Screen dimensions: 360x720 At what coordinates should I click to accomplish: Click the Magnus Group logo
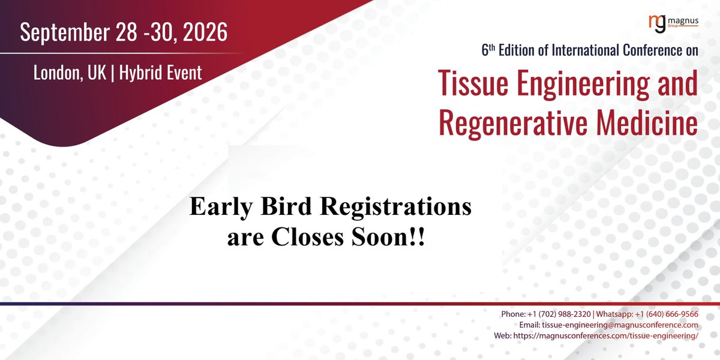pos(674,23)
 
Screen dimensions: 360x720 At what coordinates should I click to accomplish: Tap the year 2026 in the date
pos(202,32)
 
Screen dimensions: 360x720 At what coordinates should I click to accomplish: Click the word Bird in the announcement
pos(278,208)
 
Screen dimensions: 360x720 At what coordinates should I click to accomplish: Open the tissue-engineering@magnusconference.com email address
pos(620,325)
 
